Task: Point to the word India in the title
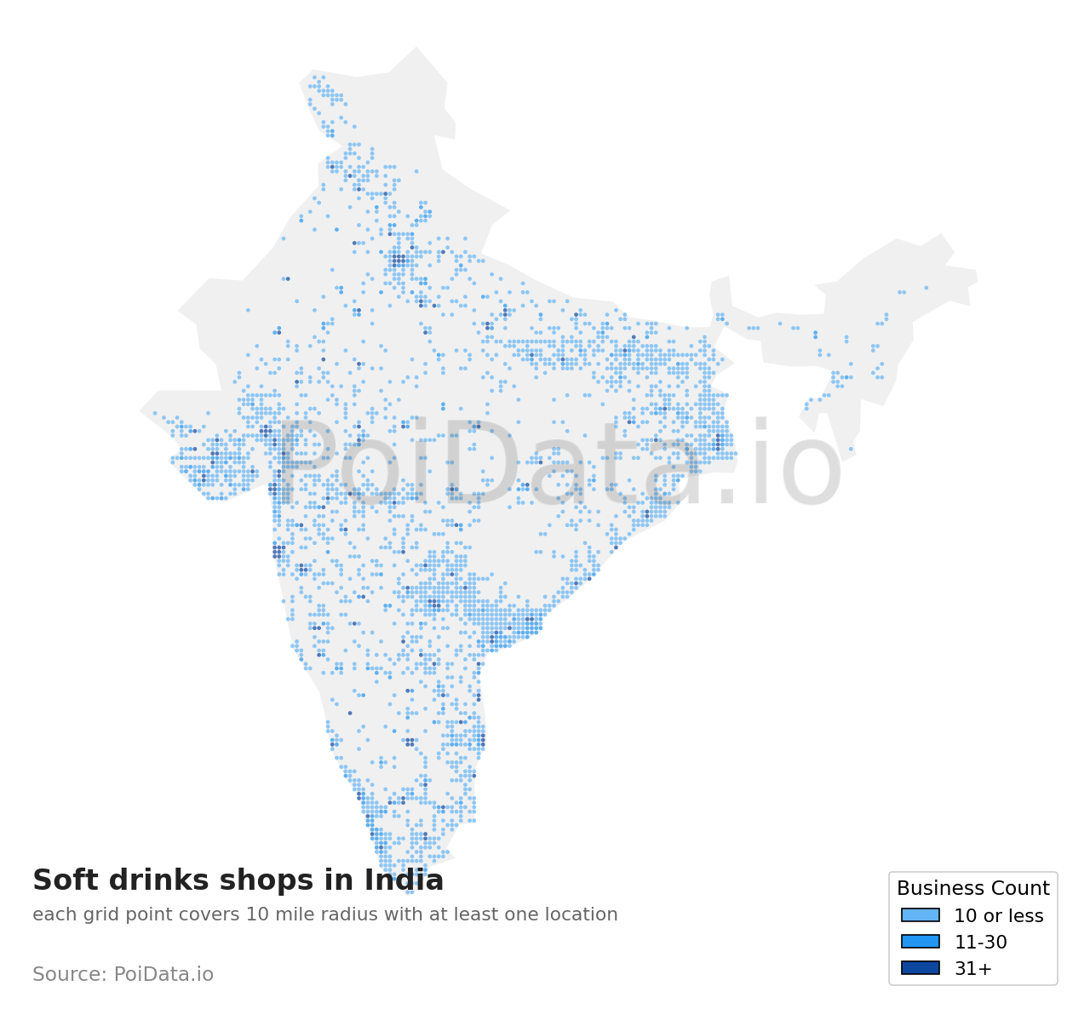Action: [x=404, y=880]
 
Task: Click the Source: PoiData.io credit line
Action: [x=123, y=974]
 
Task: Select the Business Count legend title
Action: [x=972, y=889]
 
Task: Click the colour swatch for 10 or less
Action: [x=920, y=915]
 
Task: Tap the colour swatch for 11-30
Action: [x=920, y=942]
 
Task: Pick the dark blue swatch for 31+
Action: [x=920, y=968]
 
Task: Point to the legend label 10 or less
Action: [x=998, y=916]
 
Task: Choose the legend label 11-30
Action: [x=980, y=943]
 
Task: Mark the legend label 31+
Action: [x=972, y=969]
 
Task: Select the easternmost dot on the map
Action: [x=926, y=288]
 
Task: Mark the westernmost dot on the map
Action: [x=155, y=413]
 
